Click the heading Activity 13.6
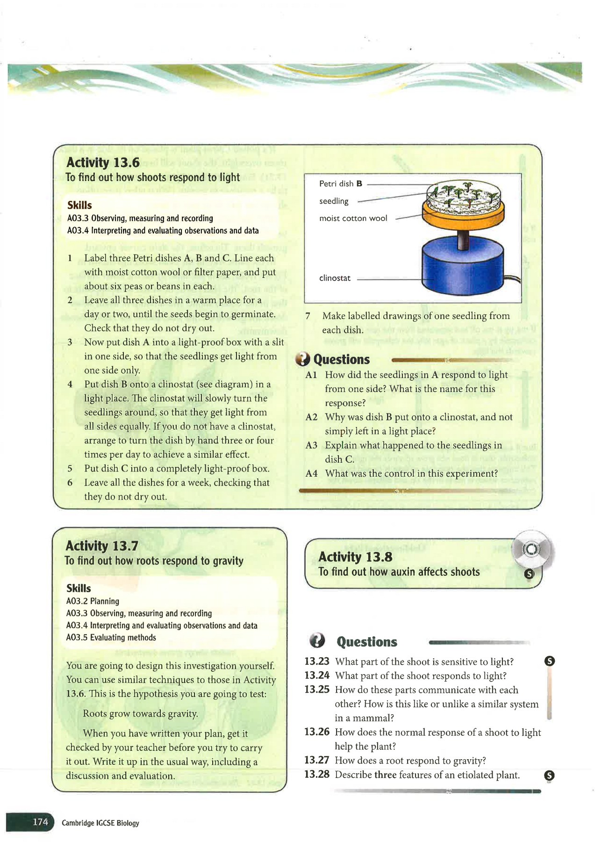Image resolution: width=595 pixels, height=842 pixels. [103, 162]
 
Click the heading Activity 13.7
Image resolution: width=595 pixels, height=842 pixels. [102, 546]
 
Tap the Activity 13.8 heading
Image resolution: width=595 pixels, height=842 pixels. [355, 557]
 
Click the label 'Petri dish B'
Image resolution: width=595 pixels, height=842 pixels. [340, 184]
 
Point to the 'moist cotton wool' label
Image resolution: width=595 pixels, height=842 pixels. [353, 218]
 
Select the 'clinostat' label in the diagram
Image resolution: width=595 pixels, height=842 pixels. [335, 278]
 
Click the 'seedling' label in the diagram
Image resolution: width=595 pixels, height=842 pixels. [334, 201]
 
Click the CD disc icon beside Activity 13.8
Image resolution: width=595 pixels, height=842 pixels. [531, 550]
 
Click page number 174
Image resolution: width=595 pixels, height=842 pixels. [40, 822]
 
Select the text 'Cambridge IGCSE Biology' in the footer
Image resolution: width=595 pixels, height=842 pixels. [100, 823]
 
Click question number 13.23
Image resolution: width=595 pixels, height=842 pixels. [316, 661]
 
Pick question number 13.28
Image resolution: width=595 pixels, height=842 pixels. [316, 775]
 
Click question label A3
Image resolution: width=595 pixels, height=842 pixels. [311, 445]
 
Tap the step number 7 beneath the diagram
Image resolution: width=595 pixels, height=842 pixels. [308, 316]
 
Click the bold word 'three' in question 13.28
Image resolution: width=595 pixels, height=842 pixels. [385, 775]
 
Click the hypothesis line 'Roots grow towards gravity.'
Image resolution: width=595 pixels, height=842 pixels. [140, 714]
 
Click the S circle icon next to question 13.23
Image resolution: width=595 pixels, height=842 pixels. [550, 661]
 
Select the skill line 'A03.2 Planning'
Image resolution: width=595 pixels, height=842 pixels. [93, 601]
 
